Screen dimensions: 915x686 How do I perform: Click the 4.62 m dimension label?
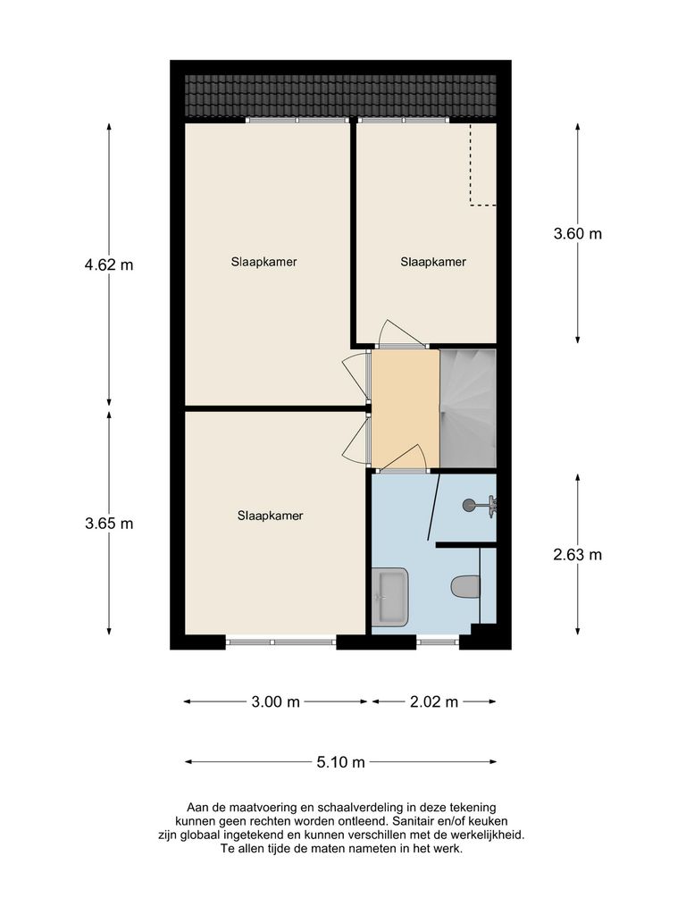108,264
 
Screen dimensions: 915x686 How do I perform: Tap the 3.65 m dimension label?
108,524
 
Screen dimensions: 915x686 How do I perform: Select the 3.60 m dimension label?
578,234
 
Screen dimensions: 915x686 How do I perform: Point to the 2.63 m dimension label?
578,554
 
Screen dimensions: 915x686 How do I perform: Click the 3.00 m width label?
275,701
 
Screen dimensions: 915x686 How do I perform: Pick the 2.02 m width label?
433,701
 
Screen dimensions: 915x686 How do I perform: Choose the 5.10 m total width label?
341,762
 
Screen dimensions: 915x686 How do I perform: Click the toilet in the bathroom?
464,587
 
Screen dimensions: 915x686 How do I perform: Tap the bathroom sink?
390,597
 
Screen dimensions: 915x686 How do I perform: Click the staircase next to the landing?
468,407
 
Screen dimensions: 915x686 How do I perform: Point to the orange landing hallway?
405,407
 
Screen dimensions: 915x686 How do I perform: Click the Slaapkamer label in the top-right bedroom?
433,262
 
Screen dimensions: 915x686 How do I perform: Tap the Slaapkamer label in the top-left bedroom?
264,262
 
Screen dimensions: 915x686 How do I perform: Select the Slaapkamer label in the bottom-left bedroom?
270,516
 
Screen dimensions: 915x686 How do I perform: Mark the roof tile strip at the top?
340,97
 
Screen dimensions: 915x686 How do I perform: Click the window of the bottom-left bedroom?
280,641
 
